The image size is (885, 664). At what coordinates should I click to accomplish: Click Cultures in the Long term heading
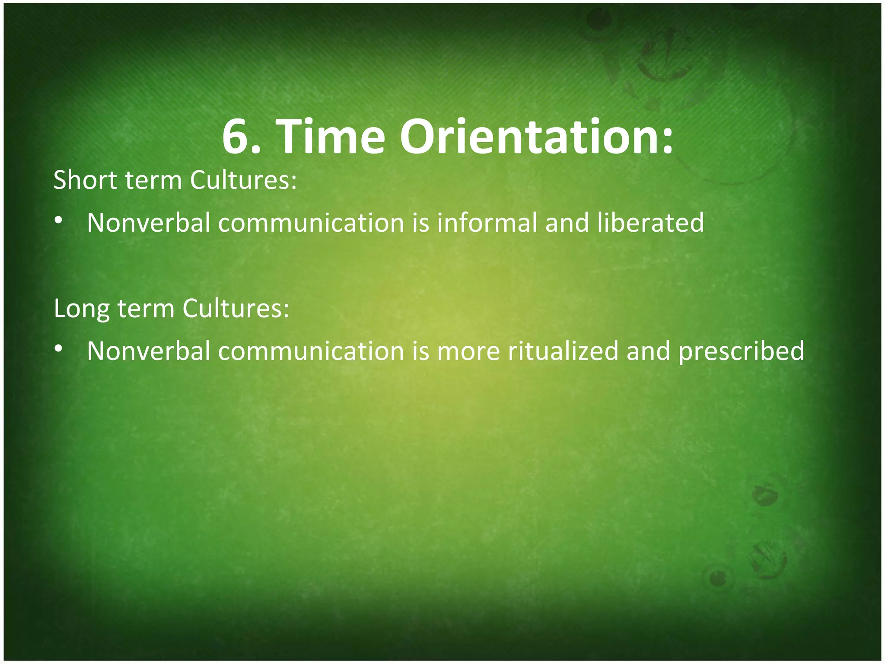click(x=236, y=309)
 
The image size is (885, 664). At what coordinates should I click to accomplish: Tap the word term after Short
click(x=153, y=181)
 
